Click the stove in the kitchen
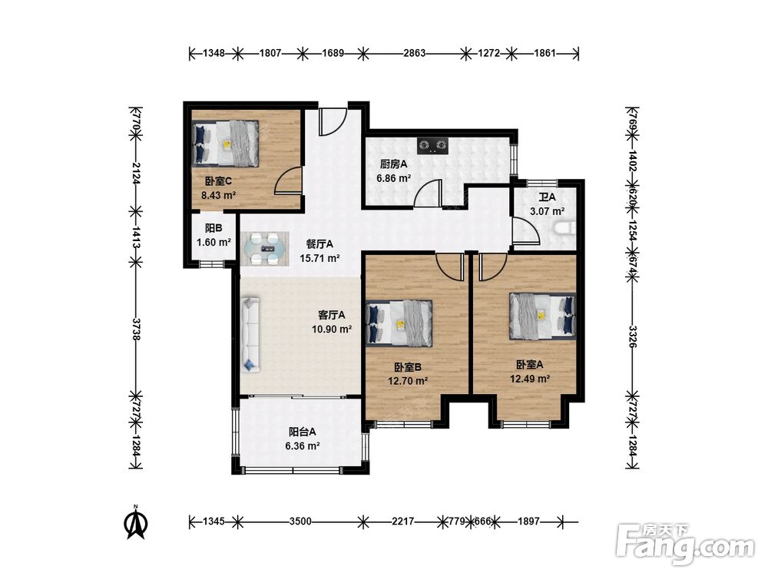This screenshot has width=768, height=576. click(x=432, y=145)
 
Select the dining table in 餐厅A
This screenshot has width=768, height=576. click(x=266, y=248)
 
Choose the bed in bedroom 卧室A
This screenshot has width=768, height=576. click(x=542, y=316)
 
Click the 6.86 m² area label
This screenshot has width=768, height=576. click(x=393, y=178)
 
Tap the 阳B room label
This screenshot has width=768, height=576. click(x=214, y=228)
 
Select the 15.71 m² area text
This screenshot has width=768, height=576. click(x=319, y=258)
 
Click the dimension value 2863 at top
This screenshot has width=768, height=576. click(x=414, y=53)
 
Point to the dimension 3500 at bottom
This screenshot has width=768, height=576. click(x=300, y=521)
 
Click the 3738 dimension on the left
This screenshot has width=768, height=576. click(x=137, y=329)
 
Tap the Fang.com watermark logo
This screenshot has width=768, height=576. click(x=686, y=545)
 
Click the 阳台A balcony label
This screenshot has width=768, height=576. click(x=302, y=432)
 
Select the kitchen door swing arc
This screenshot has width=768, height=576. click(x=428, y=194)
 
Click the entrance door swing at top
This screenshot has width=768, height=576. click(x=333, y=122)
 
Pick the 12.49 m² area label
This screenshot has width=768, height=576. click(x=530, y=379)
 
